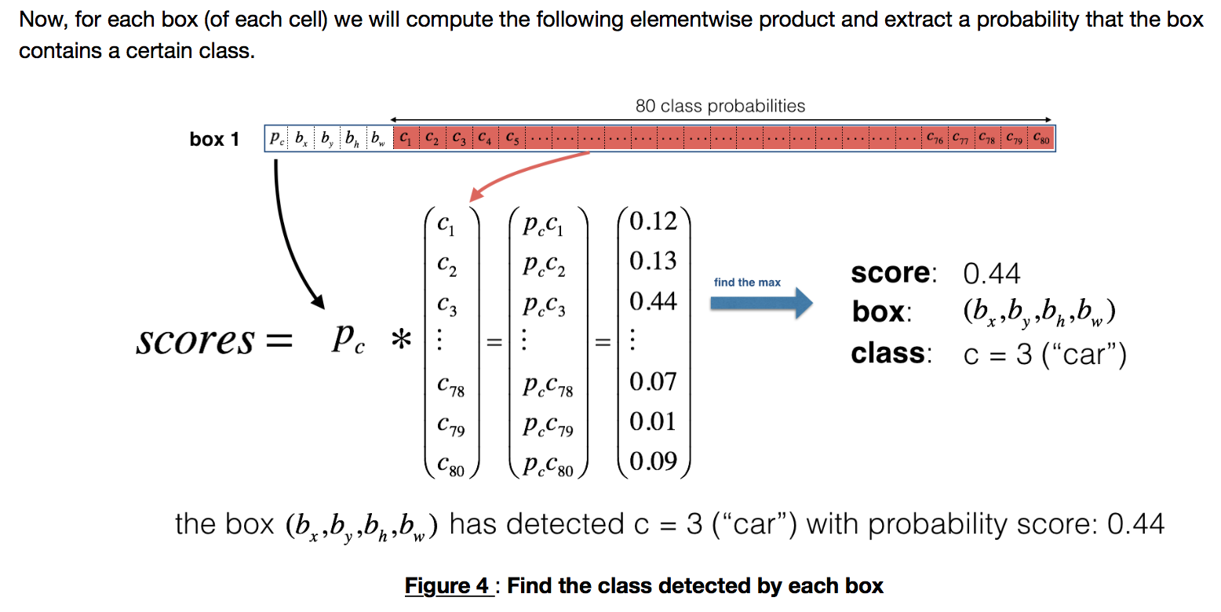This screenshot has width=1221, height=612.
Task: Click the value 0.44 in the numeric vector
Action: coord(653,301)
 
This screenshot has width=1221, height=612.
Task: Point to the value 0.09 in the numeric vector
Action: coord(653,461)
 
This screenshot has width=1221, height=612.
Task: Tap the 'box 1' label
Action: coord(214,140)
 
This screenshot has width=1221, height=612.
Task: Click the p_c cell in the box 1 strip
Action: coord(277,140)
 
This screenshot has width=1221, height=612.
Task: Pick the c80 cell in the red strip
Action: coord(1042,140)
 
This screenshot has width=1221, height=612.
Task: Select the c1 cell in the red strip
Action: coord(405,140)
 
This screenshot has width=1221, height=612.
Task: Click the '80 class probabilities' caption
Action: coord(720,106)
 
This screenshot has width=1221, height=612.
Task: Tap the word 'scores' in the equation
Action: coord(195,342)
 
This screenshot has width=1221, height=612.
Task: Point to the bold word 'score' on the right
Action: coord(890,273)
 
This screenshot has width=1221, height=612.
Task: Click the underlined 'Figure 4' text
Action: coord(448,585)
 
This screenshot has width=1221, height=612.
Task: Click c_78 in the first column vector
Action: coord(451,385)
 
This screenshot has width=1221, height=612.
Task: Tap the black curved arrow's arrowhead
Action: coord(317,300)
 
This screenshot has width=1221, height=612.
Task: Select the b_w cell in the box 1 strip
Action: coord(379,140)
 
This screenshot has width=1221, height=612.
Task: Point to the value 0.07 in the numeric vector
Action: coord(653,381)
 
